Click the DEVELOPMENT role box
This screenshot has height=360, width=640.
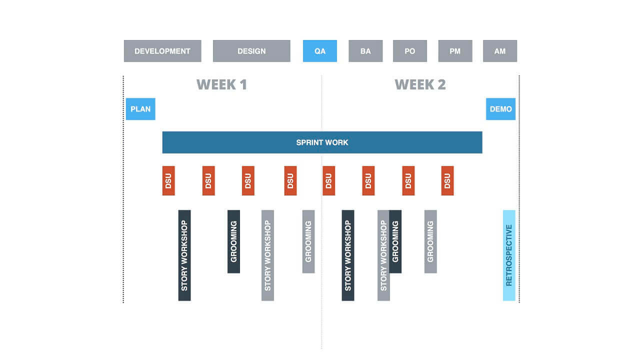(162, 51)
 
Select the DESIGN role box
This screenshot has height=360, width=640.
(251, 51)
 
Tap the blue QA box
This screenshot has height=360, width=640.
(320, 51)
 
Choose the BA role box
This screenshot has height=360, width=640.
(365, 51)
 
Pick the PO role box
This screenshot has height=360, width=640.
(410, 51)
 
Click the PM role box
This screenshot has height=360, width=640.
(455, 51)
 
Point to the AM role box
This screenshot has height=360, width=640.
(500, 51)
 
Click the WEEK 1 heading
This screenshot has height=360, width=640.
(221, 84)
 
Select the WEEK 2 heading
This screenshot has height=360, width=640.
(420, 84)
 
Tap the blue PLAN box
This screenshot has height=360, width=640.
(140, 109)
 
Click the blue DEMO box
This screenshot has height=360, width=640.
(500, 109)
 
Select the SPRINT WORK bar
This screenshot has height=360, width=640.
(322, 142)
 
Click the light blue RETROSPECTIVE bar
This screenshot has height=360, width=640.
(509, 255)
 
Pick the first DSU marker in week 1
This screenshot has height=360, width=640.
(168, 180)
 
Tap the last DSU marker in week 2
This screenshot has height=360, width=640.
(447, 180)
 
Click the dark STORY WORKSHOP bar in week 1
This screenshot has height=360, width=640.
(184, 255)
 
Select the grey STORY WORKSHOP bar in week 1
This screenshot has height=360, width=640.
(267, 255)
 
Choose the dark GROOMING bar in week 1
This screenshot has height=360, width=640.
(233, 241)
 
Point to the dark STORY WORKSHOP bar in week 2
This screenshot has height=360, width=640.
(348, 255)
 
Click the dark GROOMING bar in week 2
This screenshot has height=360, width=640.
(396, 241)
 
